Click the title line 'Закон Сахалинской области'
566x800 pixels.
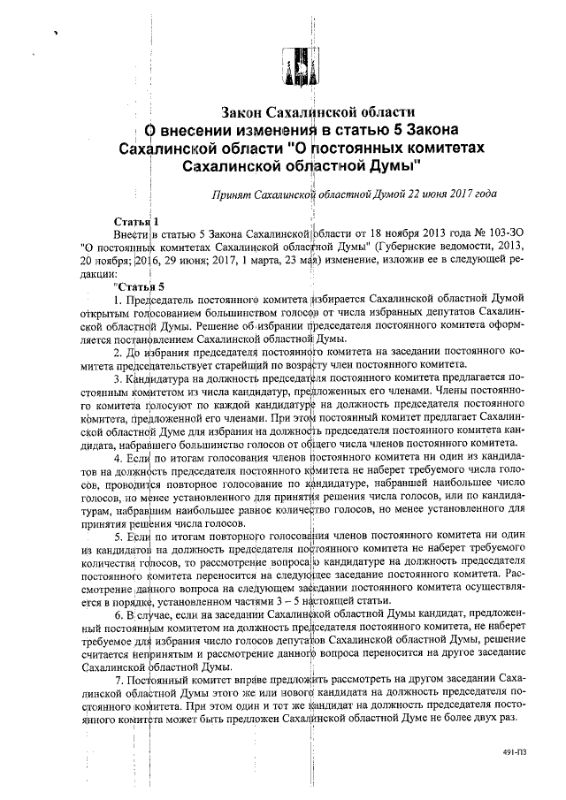[317, 113]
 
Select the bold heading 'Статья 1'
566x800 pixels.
[136, 220]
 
